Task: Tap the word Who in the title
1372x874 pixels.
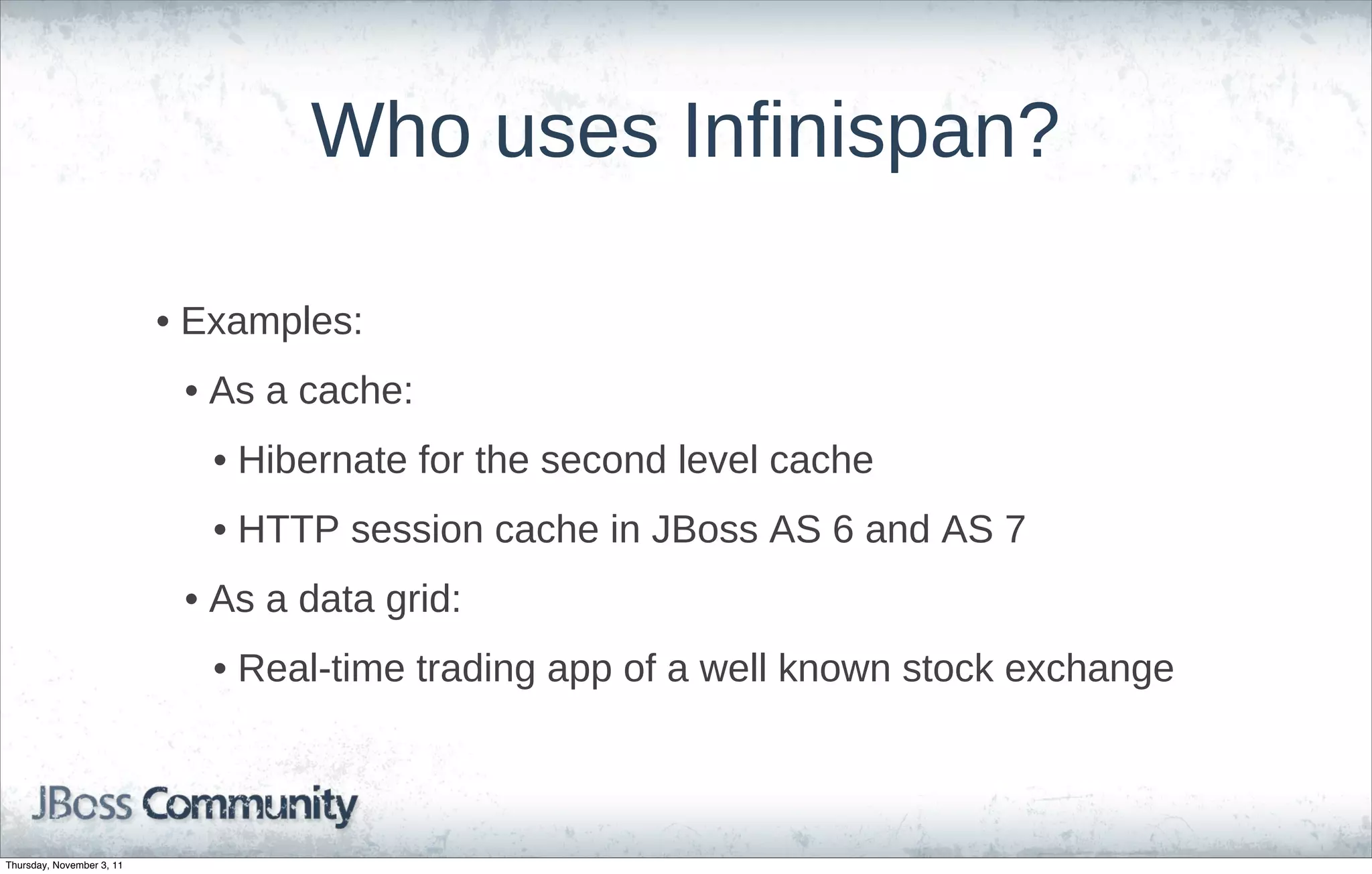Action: [391, 132]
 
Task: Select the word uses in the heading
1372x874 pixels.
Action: [576, 132]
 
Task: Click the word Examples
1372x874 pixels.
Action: [271, 322]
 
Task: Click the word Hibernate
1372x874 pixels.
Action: [322, 460]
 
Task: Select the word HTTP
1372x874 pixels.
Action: [289, 529]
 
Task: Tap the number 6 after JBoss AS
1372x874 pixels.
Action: [843, 529]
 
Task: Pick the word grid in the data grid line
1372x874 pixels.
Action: [423, 599]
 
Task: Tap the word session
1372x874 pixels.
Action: [417, 529]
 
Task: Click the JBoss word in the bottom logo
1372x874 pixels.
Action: [82, 804]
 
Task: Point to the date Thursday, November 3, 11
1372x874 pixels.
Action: [64, 866]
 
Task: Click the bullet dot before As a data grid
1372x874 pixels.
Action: [191, 600]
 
